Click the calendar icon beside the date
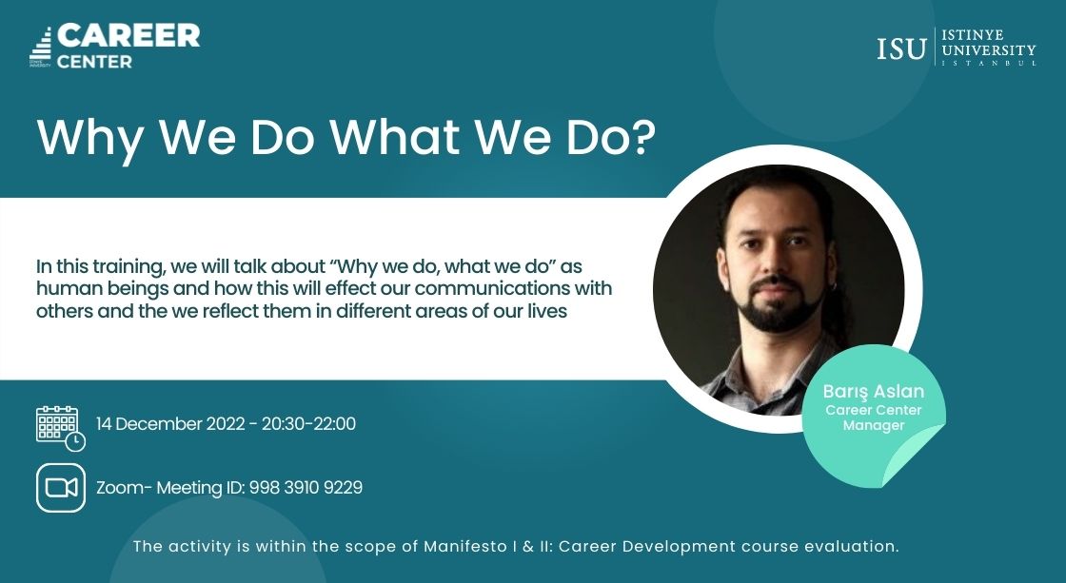pyautogui.click(x=61, y=428)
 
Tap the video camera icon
pyautogui.click(x=61, y=488)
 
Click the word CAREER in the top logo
pyautogui.click(x=128, y=36)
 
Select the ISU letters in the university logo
pyautogui.click(x=901, y=49)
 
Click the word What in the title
pyautogui.click(x=395, y=136)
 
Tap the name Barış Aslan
pyautogui.click(x=874, y=392)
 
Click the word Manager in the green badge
pyautogui.click(x=874, y=425)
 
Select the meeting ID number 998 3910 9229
pyautogui.click(x=306, y=488)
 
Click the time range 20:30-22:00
pyautogui.click(x=308, y=424)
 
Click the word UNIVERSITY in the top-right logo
pyautogui.click(x=989, y=50)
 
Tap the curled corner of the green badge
pyautogui.click(x=915, y=456)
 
